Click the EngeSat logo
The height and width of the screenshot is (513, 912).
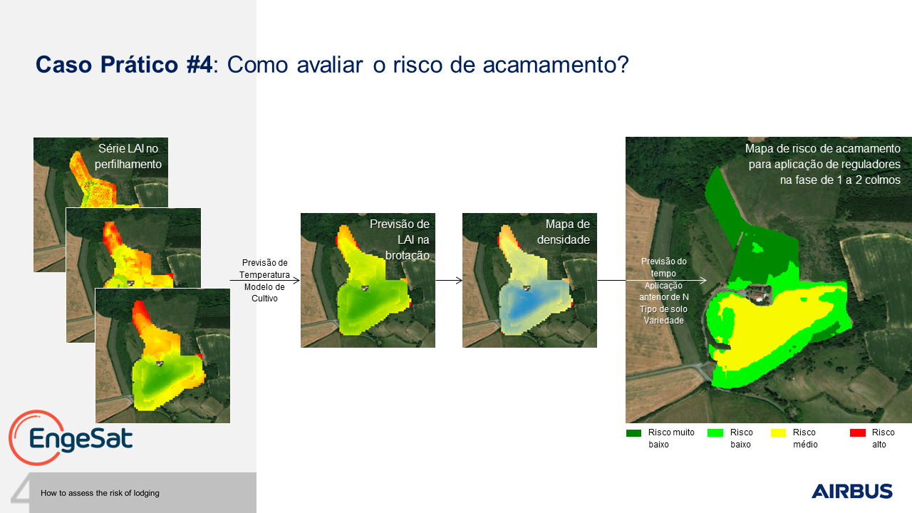point(71,437)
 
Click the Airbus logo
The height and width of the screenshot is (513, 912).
point(851,491)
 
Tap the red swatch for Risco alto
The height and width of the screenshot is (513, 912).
point(857,432)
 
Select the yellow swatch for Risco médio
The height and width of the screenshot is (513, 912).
point(778,432)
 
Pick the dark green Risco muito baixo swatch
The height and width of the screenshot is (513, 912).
point(633,432)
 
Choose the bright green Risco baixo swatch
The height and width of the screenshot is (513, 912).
point(715,432)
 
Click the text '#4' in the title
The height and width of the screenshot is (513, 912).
point(199,65)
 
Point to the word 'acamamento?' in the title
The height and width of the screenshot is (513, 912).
point(556,65)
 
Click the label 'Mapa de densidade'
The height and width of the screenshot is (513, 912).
point(564,232)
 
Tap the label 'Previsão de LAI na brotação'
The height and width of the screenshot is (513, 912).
point(400,239)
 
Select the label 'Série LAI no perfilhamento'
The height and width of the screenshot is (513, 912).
point(128,156)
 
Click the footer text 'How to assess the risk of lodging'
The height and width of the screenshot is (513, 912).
point(100,493)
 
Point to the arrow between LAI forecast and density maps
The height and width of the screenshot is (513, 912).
point(449,280)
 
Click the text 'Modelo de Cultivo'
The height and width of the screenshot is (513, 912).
point(264,292)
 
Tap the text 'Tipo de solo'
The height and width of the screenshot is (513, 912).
point(663,309)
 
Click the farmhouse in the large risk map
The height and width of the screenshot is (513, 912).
point(759,293)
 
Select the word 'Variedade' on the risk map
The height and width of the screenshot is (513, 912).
point(663,321)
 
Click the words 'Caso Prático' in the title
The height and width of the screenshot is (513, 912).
point(107,65)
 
